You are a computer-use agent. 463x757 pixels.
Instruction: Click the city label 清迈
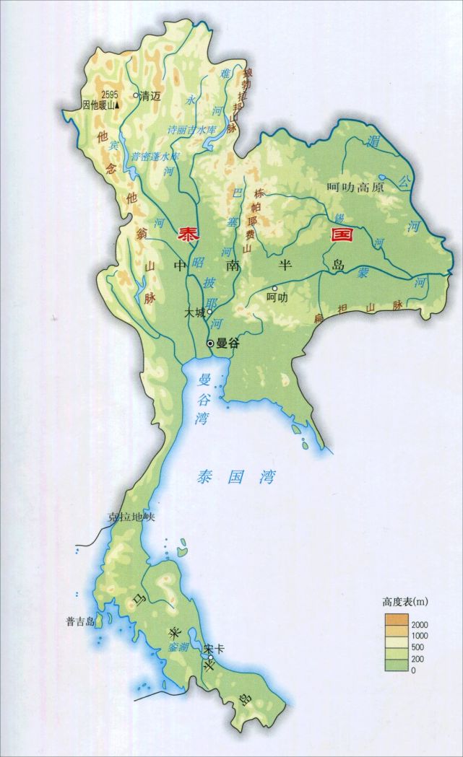coord(150,95)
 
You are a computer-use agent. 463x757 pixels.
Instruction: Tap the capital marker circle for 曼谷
coord(210,344)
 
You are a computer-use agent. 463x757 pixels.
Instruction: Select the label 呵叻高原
coord(355,186)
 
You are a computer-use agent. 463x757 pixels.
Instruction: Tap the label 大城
coord(194,313)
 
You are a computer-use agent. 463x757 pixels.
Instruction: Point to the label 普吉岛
coord(79,621)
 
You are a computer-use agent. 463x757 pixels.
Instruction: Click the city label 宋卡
coord(214,648)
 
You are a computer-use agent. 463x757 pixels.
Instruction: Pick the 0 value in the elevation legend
coord(413,670)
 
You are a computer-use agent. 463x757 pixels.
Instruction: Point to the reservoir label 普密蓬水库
coord(155,156)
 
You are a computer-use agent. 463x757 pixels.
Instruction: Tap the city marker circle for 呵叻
coord(275,288)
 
